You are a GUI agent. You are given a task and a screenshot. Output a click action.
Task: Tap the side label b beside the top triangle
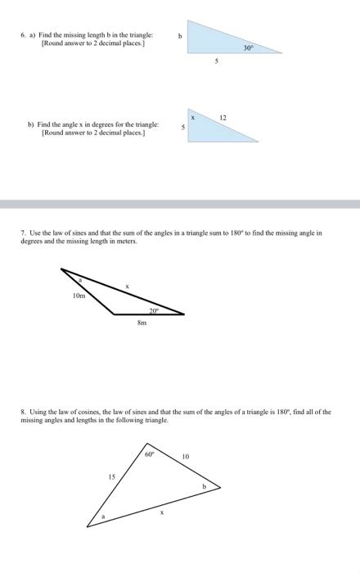(179, 36)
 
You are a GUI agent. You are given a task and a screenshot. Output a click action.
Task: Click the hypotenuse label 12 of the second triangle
(223, 119)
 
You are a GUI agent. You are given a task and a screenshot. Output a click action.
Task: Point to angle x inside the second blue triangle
(193, 119)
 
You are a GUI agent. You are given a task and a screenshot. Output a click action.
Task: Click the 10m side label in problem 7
(79, 296)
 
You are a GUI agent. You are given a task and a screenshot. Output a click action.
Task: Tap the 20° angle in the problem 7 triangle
(153, 310)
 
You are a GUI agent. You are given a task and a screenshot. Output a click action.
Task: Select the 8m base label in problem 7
(142, 324)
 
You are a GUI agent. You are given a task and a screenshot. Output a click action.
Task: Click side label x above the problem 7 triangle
(126, 285)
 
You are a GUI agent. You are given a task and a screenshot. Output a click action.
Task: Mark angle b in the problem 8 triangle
(205, 486)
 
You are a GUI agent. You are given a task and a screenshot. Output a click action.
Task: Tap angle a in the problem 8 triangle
(103, 517)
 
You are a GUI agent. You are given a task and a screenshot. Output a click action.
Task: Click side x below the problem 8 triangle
(161, 512)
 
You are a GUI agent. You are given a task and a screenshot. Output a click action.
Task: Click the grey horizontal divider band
(180, 203)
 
